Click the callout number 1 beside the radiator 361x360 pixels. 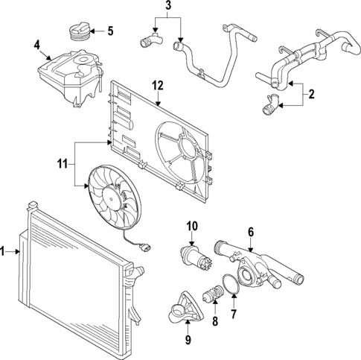4,253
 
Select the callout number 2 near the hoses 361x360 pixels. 311,95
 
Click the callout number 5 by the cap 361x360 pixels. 110,31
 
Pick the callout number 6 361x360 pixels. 251,232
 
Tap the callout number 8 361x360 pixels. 214,323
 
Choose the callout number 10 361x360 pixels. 191,225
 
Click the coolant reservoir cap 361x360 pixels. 77,33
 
